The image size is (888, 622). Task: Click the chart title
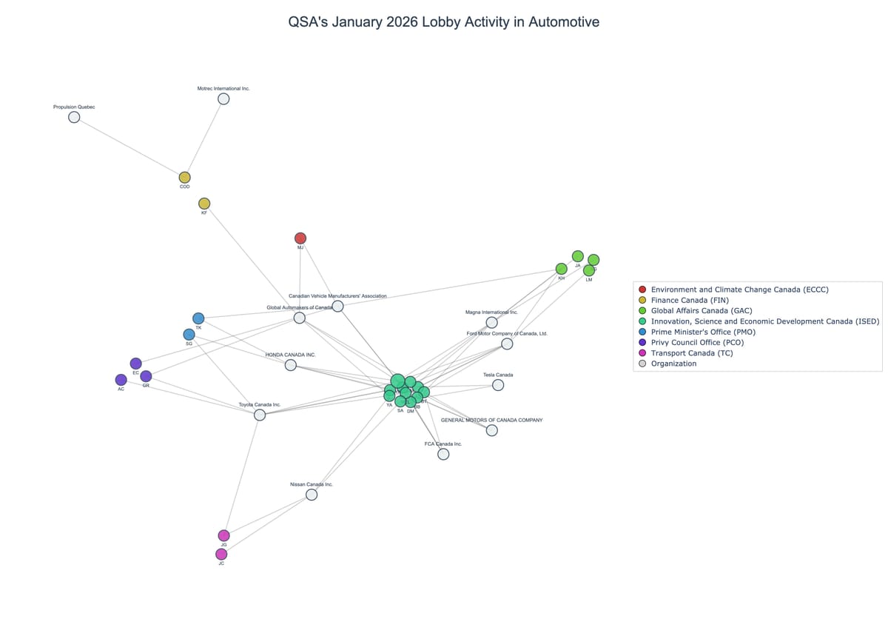point(443,22)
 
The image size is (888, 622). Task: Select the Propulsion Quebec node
point(74,117)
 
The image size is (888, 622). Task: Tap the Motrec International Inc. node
point(223,98)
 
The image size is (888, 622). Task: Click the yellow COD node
point(184,178)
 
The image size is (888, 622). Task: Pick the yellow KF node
point(204,204)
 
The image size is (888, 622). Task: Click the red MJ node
point(300,238)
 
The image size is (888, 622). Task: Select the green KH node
point(562,269)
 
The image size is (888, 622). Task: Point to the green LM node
point(589,270)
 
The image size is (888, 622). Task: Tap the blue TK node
point(198,318)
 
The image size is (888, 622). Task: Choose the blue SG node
point(189,335)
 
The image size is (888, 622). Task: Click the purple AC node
point(121,380)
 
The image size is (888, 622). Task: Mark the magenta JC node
point(221,554)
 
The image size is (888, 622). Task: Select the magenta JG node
point(223,535)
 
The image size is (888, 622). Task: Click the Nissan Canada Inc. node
point(312,495)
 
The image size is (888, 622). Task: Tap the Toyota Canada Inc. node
point(260,415)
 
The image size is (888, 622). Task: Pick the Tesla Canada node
point(498,385)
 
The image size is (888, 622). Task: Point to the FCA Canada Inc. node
point(443,454)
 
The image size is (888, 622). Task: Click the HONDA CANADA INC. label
point(291,355)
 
